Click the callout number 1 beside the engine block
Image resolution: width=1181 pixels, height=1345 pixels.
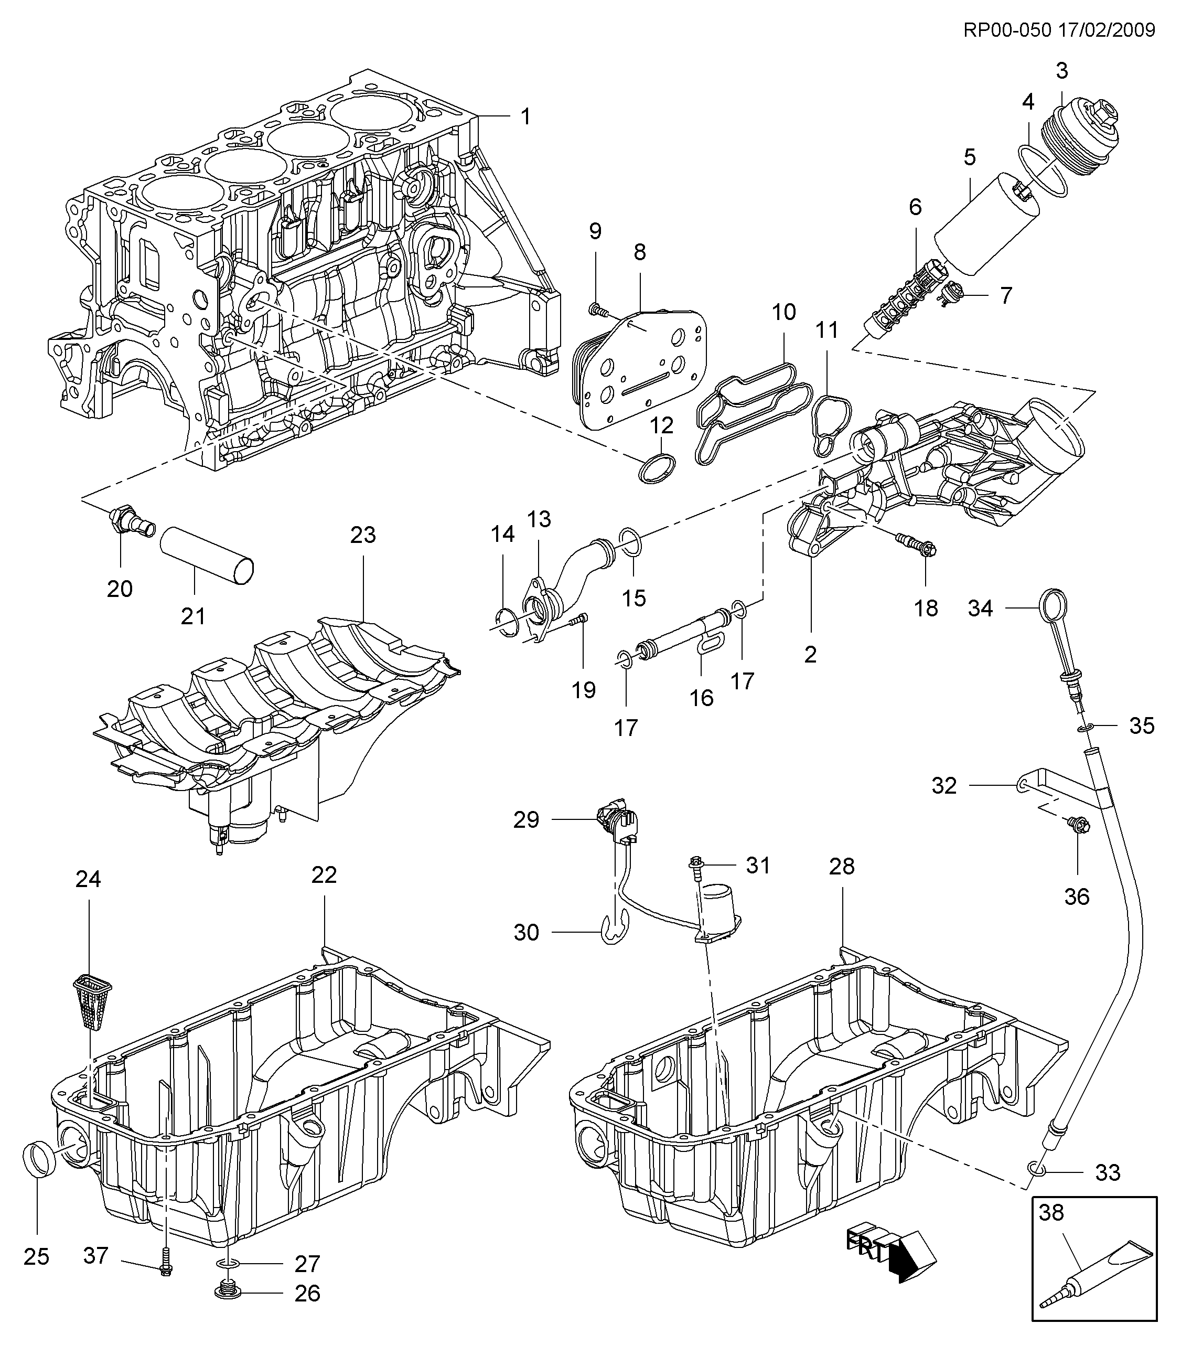(x=525, y=117)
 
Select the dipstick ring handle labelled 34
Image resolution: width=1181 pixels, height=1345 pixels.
(x=1053, y=606)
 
